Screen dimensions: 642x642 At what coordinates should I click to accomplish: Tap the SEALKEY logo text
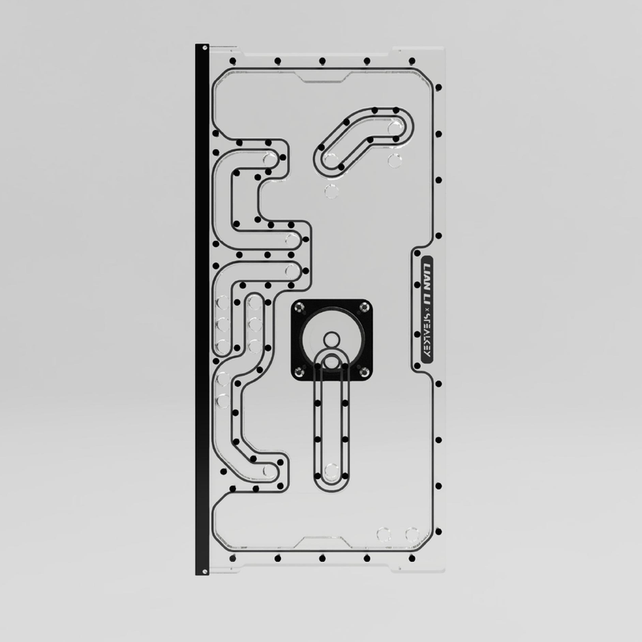(x=426, y=337)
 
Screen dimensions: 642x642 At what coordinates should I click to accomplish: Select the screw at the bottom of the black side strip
(x=204, y=571)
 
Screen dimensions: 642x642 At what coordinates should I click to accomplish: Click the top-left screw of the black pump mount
(x=299, y=308)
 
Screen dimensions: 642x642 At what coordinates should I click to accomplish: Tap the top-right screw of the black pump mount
(x=366, y=308)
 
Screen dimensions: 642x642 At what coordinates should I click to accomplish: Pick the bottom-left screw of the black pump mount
(x=299, y=370)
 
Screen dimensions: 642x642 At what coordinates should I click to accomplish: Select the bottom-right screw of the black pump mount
(x=366, y=370)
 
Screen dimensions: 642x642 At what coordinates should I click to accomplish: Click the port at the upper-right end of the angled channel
(x=394, y=128)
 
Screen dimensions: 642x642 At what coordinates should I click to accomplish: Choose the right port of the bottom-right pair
(x=412, y=533)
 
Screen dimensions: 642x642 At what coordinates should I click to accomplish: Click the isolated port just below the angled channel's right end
(x=394, y=161)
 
